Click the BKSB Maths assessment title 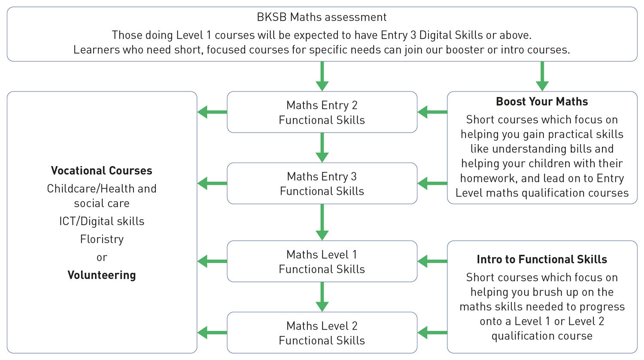322,17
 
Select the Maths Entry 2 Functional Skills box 322,112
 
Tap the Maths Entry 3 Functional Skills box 322,184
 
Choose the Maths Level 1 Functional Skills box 322,262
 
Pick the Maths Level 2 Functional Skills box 322,333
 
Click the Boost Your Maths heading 542,102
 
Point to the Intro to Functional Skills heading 542,260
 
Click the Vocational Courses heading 102,171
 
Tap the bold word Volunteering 102,275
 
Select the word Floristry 102,239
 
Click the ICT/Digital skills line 102,221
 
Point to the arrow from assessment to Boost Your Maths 542,76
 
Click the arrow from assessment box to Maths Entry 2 322,76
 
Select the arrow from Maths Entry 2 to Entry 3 322,148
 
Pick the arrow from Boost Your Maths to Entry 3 432,184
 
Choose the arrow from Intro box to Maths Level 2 432,333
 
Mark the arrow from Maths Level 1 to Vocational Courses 212,261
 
